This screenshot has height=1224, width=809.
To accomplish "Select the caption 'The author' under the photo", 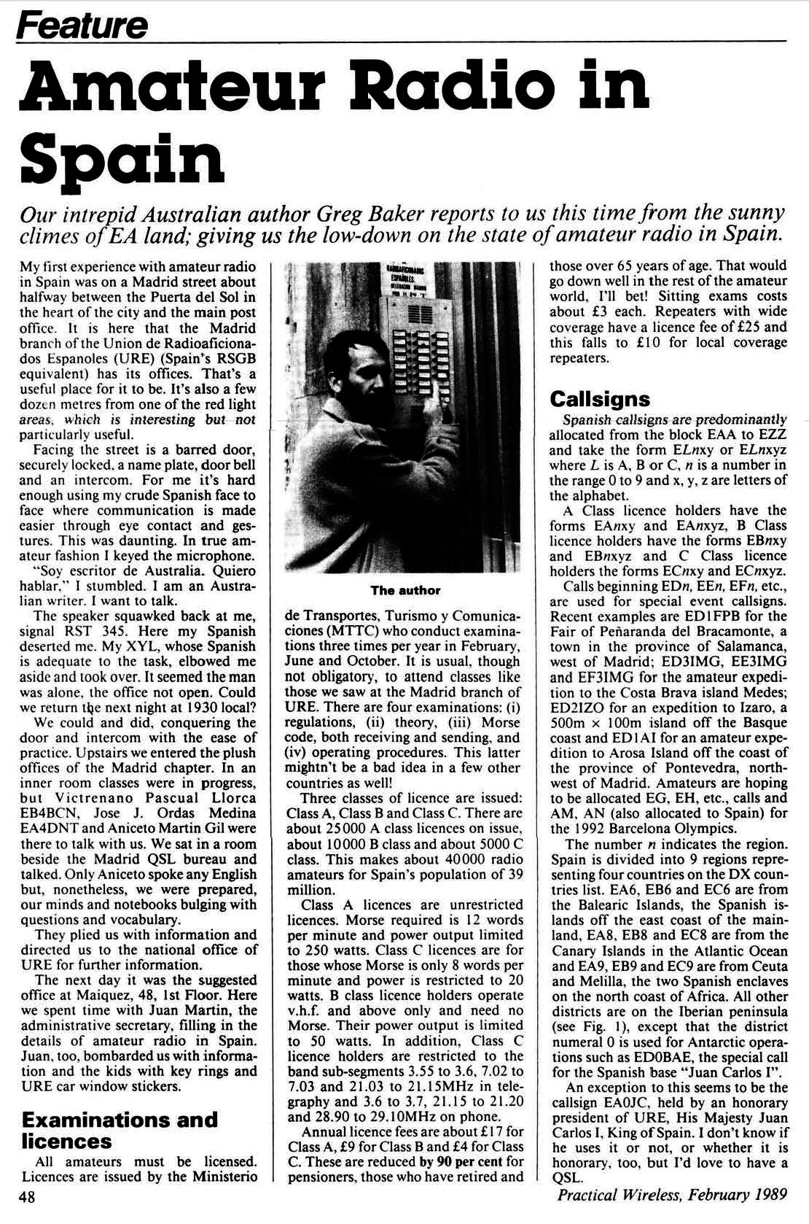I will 404,589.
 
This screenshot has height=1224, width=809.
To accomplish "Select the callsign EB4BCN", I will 53,813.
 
